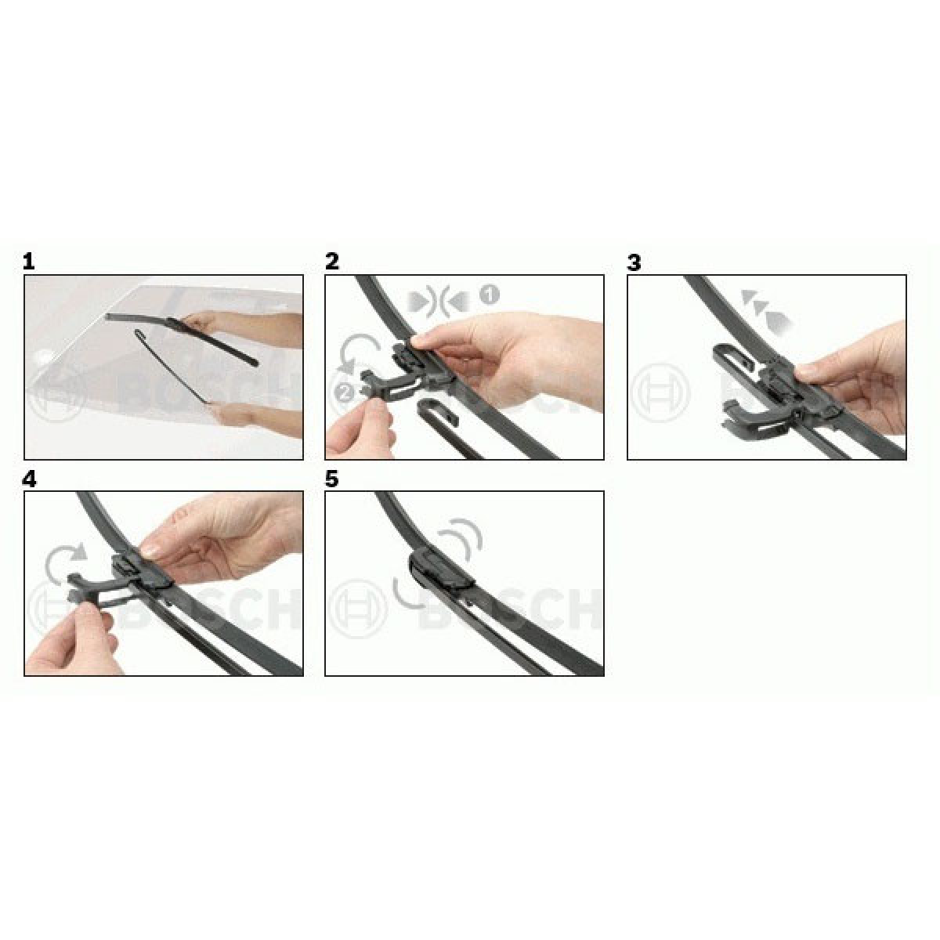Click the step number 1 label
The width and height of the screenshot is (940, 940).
click(x=29, y=262)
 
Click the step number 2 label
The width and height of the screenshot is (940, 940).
click(x=331, y=262)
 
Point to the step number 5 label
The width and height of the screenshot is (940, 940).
click(x=331, y=479)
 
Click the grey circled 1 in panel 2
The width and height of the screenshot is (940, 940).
click(x=490, y=295)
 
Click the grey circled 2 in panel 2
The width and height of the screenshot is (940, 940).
click(x=345, y=392)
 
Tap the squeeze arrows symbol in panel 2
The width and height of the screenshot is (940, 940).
click(x=439, y=302)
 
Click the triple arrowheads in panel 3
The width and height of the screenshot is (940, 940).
click(x=765, y=309)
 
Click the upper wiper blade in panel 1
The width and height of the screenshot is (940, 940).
click(x=180, y=337)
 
